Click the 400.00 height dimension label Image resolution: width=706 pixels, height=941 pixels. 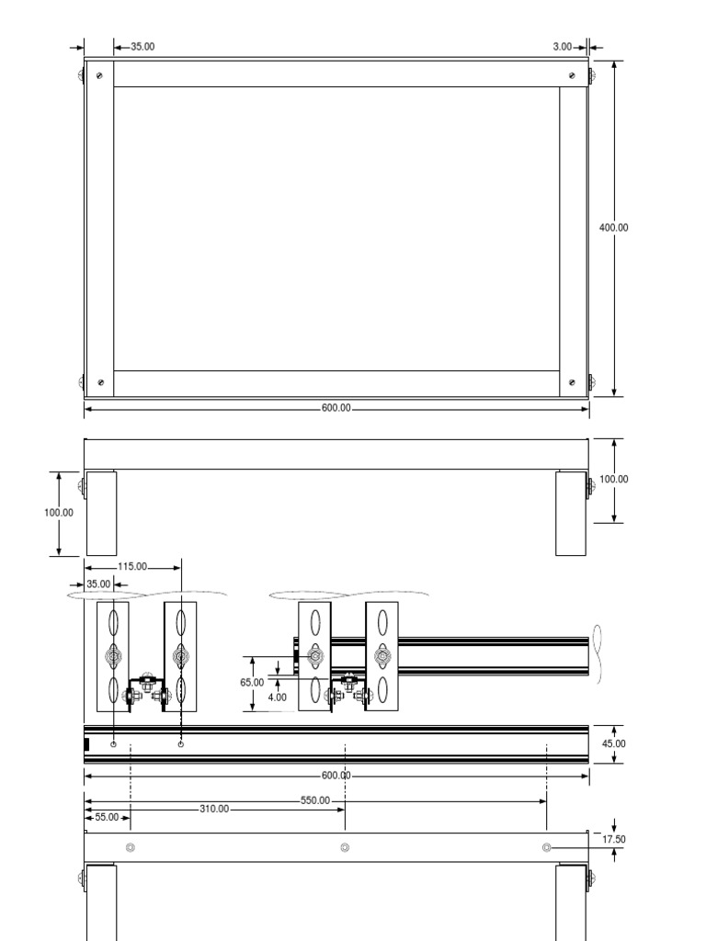(613, 227)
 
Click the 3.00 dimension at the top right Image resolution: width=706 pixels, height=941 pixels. (563, 46)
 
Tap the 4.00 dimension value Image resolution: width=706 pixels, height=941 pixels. (278, 697)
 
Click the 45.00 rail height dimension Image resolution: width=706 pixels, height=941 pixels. (613, 743)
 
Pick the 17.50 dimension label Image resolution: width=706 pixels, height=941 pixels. (613, 839)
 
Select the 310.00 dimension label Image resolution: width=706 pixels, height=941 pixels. (214, 810)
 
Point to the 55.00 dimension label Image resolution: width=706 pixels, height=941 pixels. (108, 816)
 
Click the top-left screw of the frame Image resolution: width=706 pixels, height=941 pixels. (99, 74)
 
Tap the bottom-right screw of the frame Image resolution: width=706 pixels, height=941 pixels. (573, 382)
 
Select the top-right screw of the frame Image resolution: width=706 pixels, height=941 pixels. (573, 74)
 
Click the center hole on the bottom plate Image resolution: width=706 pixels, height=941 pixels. (345, 847)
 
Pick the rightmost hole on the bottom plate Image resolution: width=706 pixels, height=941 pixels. (547, 847)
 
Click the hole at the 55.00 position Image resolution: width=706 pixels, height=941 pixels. (130, 847)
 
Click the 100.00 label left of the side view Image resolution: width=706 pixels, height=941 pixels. (59, 513)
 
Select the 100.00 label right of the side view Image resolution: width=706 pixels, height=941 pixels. (613, 479)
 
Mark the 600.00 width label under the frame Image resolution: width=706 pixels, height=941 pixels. (336, 409)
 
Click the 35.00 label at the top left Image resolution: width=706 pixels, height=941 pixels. (142, 46)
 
